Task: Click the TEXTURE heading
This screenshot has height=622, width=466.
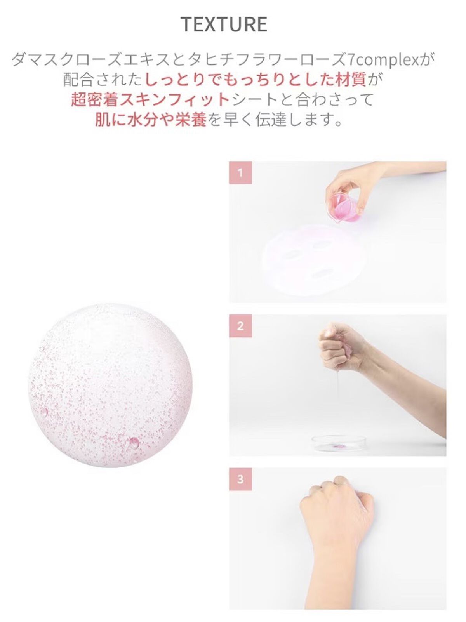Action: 224,24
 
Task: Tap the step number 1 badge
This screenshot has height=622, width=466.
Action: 240,172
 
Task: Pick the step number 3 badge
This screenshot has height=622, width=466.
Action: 240,479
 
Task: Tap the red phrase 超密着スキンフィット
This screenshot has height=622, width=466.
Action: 150,100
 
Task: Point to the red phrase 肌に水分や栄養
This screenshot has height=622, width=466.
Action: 150,120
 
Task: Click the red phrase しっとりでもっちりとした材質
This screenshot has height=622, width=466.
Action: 256,80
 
